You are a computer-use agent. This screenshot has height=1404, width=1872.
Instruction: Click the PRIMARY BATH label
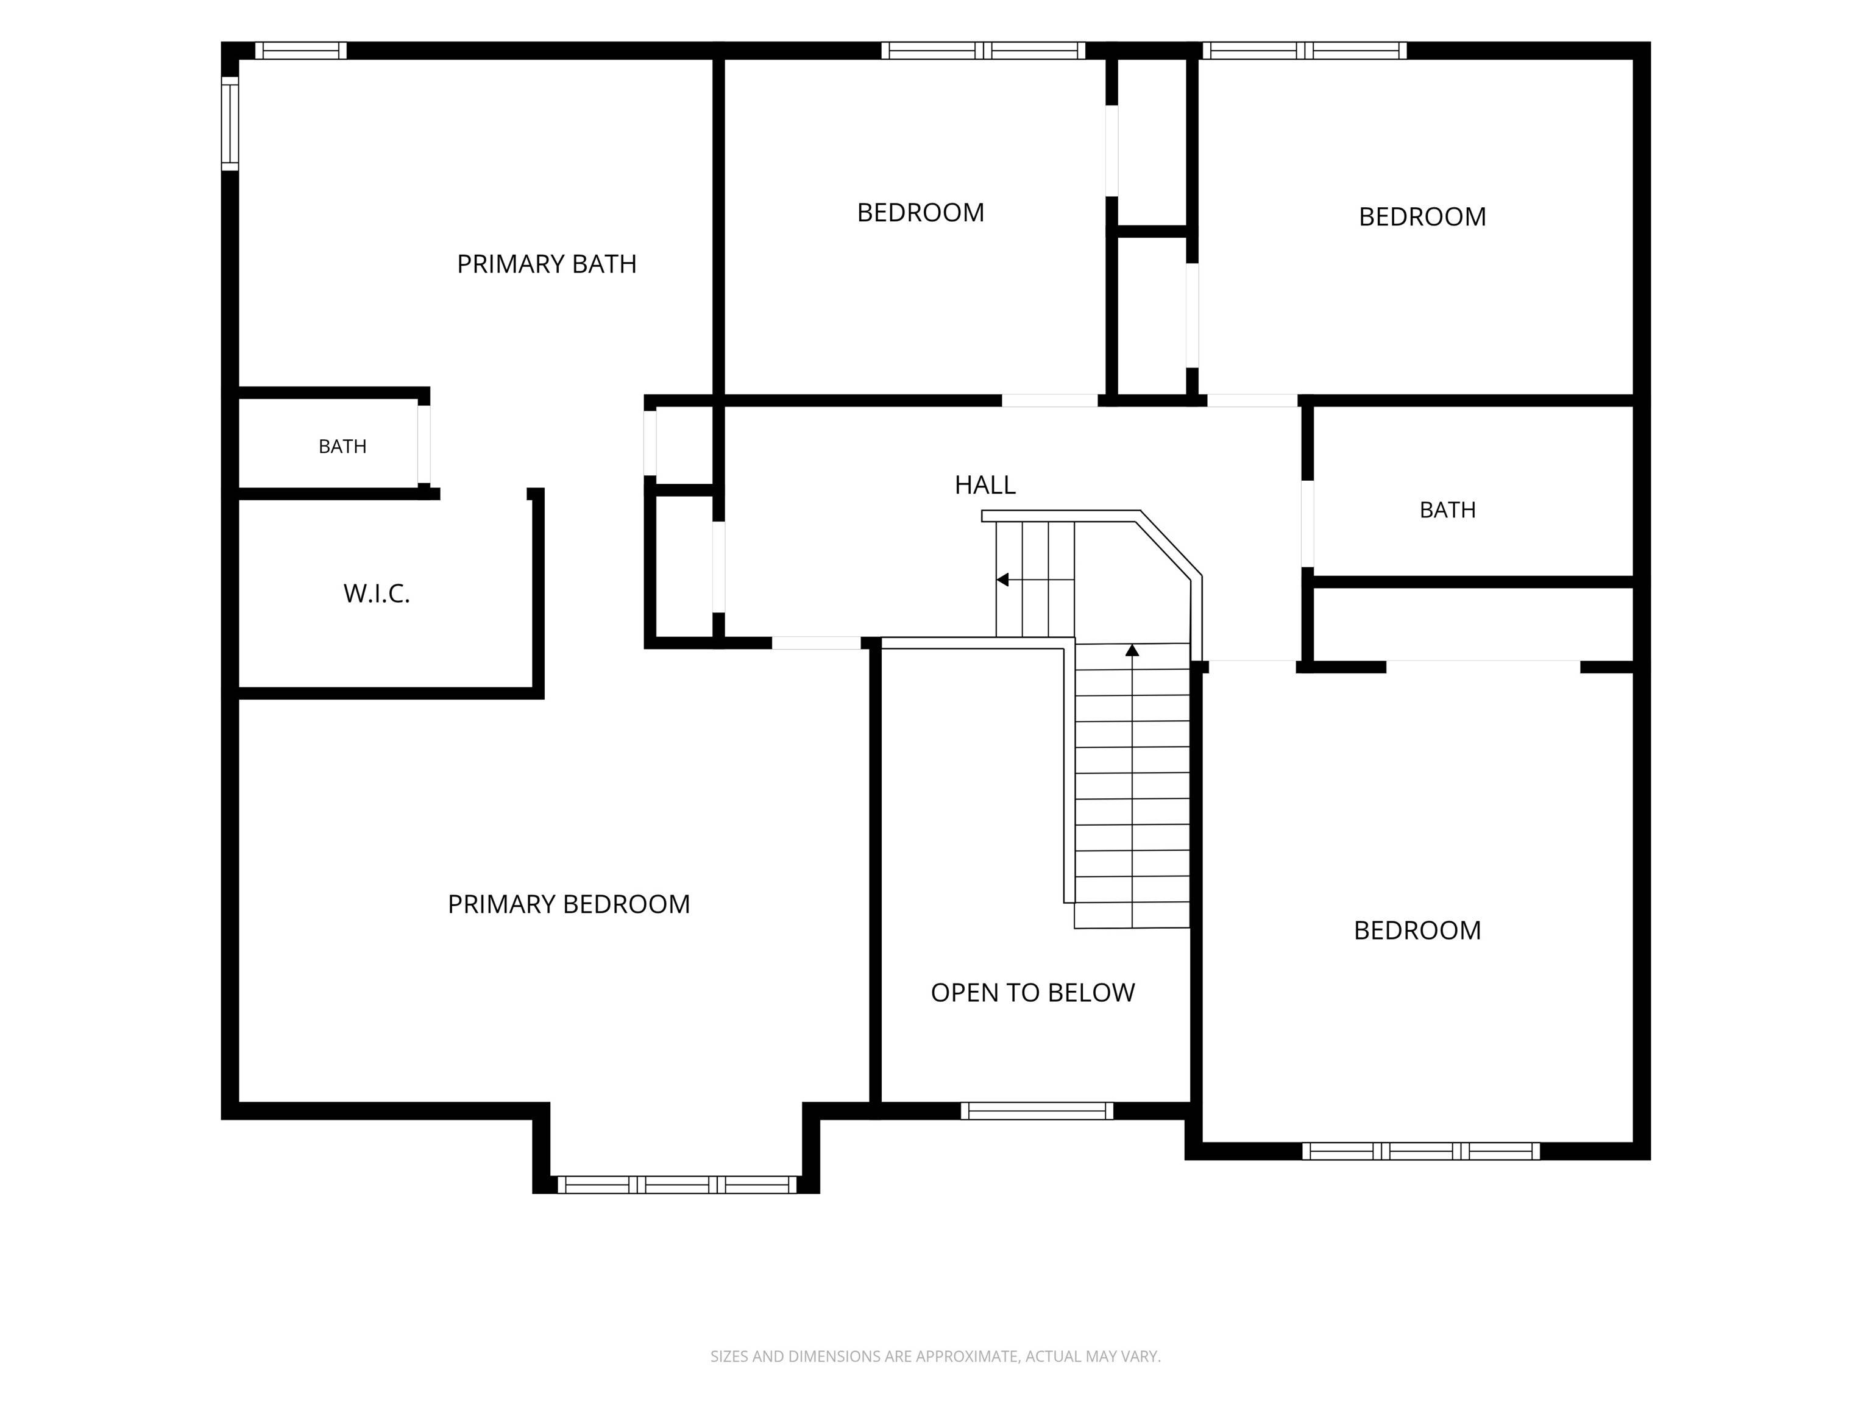[x=547, y=264]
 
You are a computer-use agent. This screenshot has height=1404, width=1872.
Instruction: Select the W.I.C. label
[x=377, y=594]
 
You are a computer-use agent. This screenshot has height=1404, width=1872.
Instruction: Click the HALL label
[x=985, y=485]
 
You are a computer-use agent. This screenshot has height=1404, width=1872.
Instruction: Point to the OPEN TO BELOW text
[x=1032, y=993]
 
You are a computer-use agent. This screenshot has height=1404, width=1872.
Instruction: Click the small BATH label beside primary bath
[x=342, y=447]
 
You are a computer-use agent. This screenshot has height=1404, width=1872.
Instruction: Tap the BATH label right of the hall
[x=1447, y=510]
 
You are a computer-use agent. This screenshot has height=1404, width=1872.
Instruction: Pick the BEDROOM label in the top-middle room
[x=921, y=213]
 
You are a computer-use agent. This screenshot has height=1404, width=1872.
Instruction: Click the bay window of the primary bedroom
[x=677, y=1184]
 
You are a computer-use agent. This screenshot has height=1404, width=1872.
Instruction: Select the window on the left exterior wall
[x=229, y=124]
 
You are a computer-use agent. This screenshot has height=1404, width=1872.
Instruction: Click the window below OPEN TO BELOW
[x=1037, y=1111]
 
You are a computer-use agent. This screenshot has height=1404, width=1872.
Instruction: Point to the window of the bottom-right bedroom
[x=1421, y=1151]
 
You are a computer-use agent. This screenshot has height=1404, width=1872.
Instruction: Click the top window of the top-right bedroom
[x=1305, y=51]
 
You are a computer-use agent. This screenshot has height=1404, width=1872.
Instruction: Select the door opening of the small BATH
[x=424, y=444]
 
